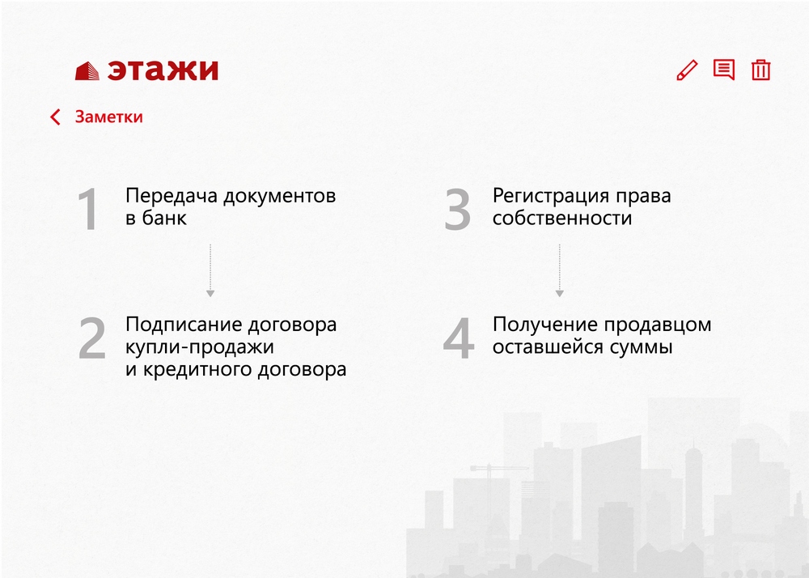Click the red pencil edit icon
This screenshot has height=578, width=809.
[x=687, y=70]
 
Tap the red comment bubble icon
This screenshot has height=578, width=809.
[x=724, y=69]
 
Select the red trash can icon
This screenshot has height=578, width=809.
[x=761, y=70]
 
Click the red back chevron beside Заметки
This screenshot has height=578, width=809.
[x=55, y=117]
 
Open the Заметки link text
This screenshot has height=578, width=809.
[x=109, y=117]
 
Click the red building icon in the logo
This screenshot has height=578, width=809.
[x=87, y=70]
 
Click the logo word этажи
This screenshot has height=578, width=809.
[x=163, y=70]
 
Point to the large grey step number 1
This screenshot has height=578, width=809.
[x=88, y=209]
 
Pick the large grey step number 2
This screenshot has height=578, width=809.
[x=92, y=338]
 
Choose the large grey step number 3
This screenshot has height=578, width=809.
[x=458, y=209]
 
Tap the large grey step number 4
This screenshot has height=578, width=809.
[x=459, y=338]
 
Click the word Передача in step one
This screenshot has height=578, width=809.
[x=172, y=196]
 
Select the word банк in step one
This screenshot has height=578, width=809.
[x=164, y=218]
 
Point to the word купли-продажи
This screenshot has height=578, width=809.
[x=200, y=346]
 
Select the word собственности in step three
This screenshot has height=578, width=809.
[x=562, y=218]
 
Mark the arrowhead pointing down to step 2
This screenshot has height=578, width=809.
[x=210, y=294]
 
